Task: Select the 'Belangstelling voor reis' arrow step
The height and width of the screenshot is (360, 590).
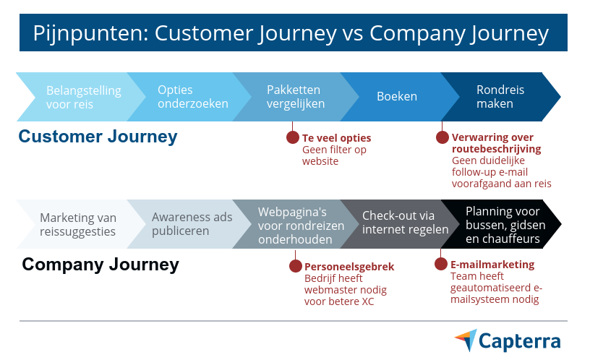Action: pos(80,97)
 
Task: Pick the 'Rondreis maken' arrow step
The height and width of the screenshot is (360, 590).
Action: pos(500,97)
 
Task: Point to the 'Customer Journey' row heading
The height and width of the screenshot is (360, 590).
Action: pos(97,137)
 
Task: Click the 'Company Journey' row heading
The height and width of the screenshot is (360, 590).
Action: pos(101,265)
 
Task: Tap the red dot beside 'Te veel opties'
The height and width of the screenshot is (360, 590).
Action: pos(293,137)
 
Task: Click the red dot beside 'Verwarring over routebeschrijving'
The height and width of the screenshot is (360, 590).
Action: pos(442,137)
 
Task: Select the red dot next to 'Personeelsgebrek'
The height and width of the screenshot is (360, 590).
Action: pos(296,266)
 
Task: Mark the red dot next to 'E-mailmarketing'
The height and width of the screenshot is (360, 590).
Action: pos(441,264)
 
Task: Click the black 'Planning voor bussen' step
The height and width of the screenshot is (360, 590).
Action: pos(502,225)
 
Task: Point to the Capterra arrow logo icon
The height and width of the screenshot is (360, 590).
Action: pos(466,340)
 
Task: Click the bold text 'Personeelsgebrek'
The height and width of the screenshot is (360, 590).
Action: pos(349,267)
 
